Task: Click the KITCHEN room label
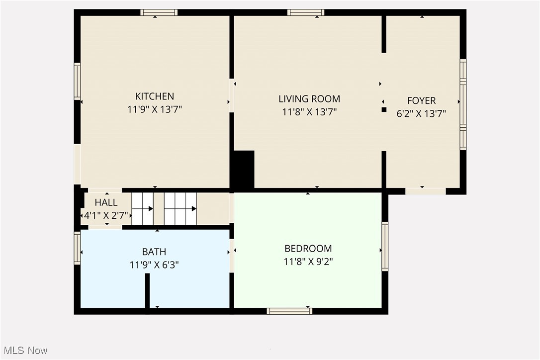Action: (x=155, y=96)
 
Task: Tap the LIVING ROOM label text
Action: (x=309, y=99)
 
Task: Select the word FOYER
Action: (x=421, y=100)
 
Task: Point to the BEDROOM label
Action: (x=308, y=249)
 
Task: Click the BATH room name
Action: (x=154, y=252)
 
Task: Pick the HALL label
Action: (x=106, y=202)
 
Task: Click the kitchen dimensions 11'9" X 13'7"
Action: (x=155, y=109)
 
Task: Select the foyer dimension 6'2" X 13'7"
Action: (x=421, y=113)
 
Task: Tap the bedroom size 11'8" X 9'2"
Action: (x=308, y=262)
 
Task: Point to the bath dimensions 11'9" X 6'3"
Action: (x=154, y=265)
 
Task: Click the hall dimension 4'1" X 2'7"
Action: (x=105, y=216)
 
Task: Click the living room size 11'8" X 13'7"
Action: (x=309, y=112)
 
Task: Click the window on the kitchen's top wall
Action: (x=159, y=12)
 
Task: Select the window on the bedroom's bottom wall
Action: (x=289, y=311)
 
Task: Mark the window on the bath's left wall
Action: (x=77, y=248)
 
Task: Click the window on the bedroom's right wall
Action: (x=385, y=246)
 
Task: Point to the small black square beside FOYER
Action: (x=384, y=109)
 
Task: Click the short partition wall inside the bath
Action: (x=147, y=290)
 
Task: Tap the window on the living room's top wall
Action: (x=306, y=12)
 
